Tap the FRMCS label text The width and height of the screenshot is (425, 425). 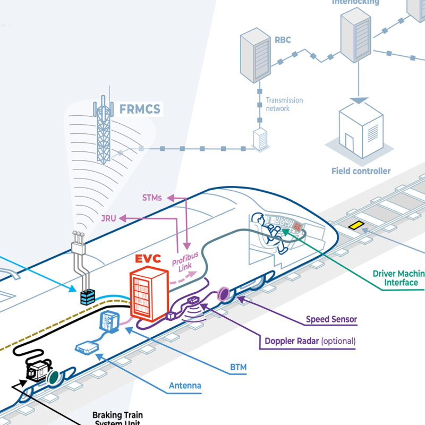click(140, 110)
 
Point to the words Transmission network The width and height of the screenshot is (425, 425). click(284, 104)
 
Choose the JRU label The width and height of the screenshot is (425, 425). click(108, 218)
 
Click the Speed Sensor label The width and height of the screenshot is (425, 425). click(331, 320)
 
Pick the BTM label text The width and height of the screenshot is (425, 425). click(239, 367)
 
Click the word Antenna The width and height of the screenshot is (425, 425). click(185, 386)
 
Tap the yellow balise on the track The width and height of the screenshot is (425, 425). click(355, 225)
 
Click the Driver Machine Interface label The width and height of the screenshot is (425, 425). click(399, 278)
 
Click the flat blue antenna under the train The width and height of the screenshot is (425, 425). click(87, 347)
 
